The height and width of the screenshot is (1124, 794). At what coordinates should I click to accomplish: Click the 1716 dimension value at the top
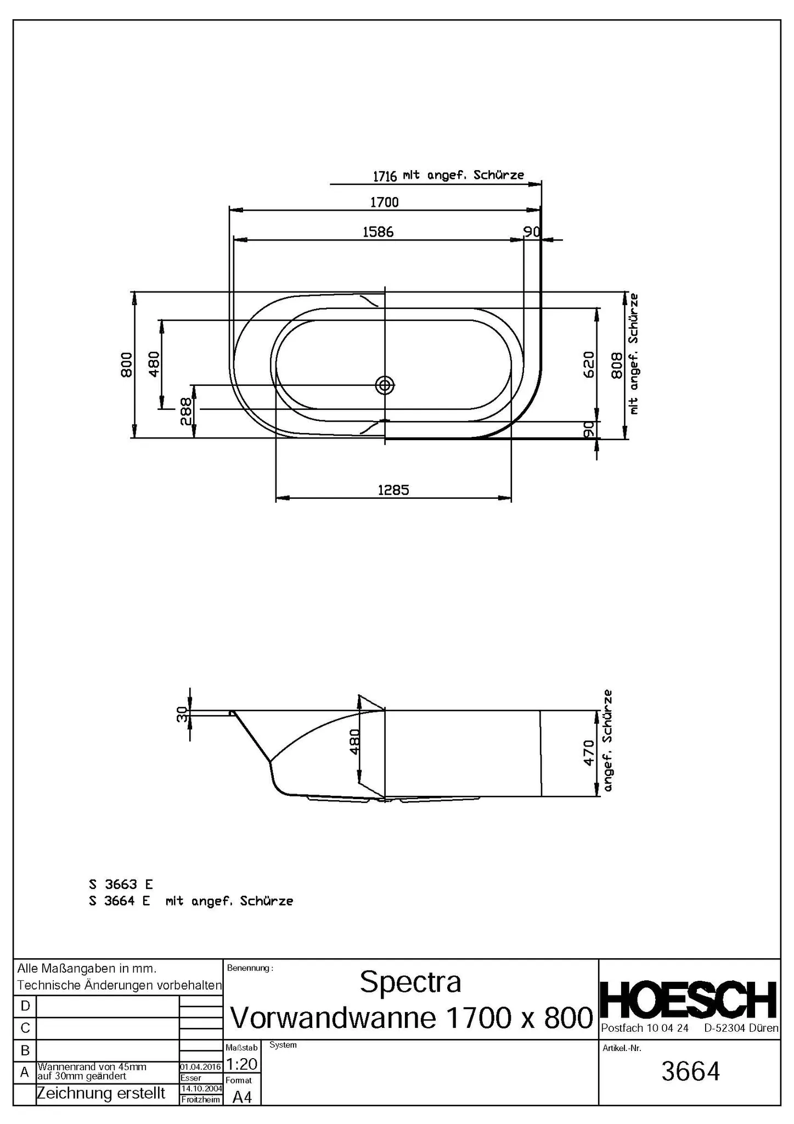[x=385, y=176]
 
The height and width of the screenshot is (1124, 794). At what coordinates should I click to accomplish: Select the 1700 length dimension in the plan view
[x=384, y=202]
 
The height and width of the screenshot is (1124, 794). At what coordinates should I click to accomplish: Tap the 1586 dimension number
[x=378, y=232]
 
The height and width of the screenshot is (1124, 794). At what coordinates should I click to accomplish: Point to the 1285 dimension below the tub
[x=393, y=490]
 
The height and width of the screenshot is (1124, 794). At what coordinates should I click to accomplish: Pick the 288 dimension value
[x=186, y=412]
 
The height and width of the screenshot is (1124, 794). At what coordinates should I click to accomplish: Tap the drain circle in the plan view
[x=385, y=385]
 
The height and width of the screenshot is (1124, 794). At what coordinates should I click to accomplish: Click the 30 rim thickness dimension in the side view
[x=182, y=714]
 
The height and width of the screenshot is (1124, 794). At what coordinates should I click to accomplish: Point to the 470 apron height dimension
[x=588, y=753]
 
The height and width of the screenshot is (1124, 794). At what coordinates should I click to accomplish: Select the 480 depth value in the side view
[x=355, y=741]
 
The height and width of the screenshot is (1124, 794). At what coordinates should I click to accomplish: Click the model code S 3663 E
[x=121, y=884]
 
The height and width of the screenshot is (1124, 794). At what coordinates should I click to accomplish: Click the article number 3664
[x=690, y=1071]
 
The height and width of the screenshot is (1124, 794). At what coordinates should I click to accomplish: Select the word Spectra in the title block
[x=410, y=982]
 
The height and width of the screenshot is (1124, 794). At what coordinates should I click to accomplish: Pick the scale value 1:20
[x=241, y=1064]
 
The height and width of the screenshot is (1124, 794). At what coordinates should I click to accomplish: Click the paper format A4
[x=241, y=1097]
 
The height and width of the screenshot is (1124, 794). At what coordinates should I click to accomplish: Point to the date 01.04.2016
[x=201, y=1067]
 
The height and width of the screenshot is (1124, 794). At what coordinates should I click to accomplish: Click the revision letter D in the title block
[x=25, y=1005]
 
